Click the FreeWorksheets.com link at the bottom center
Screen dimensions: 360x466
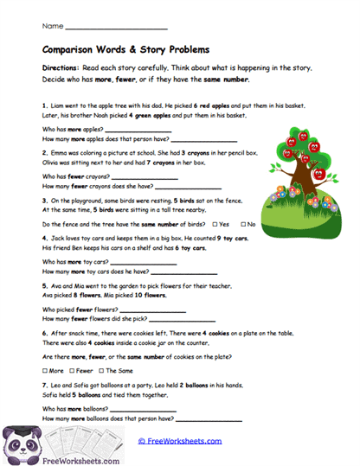pyautogui.click(x=179, y=440)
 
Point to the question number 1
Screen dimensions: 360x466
pyautogui.click(x=44, y=105)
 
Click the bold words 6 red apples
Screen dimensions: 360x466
pyautogui.click(x=202, y=105)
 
